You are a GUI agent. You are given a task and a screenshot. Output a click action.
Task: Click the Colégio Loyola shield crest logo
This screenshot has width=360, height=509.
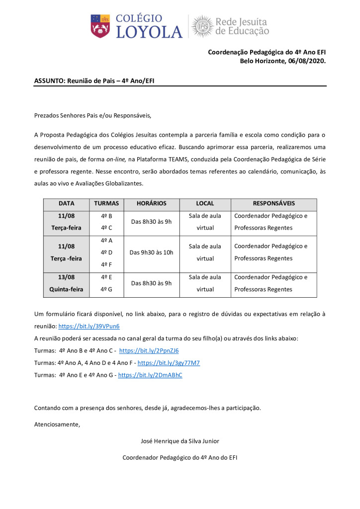click(x=100, y=26)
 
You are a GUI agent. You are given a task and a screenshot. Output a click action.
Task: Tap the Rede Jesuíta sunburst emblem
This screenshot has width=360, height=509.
click(x=202, y=26)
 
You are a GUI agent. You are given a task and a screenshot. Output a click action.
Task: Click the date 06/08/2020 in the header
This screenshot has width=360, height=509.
click(x=304, y=61)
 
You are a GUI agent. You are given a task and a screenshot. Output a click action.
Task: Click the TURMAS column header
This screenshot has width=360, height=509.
click(x=106, y=203)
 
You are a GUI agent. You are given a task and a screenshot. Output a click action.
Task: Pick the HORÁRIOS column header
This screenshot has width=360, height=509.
click(x=151, y=203)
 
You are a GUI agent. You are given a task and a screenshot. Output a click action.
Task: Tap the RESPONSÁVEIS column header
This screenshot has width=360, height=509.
click(x=273, y=203)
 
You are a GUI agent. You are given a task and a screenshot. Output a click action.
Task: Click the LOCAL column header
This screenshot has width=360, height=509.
click(x=205, y=203)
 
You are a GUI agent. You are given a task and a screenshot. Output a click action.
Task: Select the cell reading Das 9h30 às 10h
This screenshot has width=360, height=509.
click(x=151, y=253)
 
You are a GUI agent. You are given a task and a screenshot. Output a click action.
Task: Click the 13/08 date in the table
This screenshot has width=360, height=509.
click(x=66, y=277)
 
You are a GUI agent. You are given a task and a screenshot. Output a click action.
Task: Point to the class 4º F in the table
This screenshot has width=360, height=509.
click(x=106, y=264)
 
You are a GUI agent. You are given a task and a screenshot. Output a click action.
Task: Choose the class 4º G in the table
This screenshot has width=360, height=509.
click(x=106, y=289)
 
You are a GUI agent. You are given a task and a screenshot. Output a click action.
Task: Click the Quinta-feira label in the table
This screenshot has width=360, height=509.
click(x=66, y=289)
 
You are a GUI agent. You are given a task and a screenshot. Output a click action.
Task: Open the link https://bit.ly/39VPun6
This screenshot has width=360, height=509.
click(x=89, y=327)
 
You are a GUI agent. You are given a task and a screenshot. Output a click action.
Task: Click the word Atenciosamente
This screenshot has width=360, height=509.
click(x=57, y=424)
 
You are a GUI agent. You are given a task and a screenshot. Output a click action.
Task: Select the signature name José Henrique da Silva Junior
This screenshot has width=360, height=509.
click(x=180, y=441)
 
